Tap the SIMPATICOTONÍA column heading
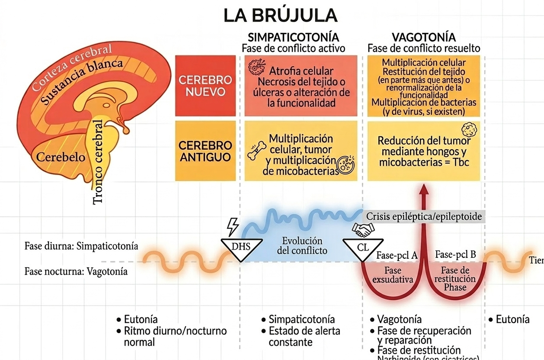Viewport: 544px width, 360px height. pos(293,37)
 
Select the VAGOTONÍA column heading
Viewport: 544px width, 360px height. pos(423,37)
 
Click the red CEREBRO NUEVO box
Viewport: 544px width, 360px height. pos(205,86)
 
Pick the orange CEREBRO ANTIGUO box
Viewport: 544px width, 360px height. pos(205,151)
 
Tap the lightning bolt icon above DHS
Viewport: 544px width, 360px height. pos(233,226)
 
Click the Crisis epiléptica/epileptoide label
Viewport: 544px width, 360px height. pos(424,216)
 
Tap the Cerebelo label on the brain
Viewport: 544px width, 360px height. pos(61,157)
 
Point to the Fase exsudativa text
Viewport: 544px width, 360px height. pos(392,275)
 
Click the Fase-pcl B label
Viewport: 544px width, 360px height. pos(455,254)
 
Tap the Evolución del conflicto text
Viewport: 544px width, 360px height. pos(302,246)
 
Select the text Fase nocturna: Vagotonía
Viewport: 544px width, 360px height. pos(76,272)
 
